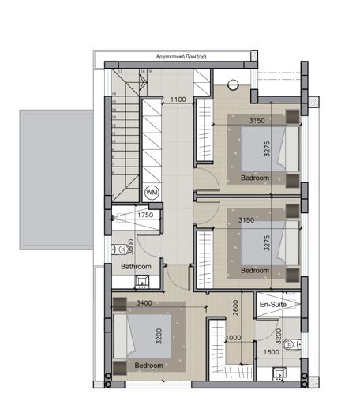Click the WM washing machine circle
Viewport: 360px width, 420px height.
point(152,192)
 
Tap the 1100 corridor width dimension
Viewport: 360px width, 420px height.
point(178,100)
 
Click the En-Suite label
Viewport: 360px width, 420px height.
point(273,304)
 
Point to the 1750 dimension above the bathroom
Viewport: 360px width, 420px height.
point(145,215)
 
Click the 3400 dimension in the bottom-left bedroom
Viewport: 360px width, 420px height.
point(144,302)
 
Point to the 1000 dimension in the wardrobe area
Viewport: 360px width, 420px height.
point(233,339)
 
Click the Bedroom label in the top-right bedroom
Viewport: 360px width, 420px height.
point(254,178)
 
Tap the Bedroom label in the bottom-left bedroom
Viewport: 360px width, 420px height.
point(148,366)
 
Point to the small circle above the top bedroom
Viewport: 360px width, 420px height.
point(232,85)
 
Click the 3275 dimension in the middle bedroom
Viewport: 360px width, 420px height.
point(268,242)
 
